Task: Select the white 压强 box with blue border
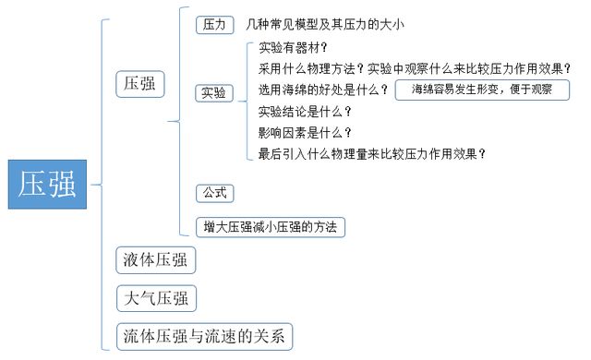tap(141, 84)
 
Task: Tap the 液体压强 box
tap(155, 261)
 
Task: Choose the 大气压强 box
tap(155, 299)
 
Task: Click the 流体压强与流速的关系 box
tap(205, 336)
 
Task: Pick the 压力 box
tap(213, 25)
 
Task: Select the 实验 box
tap(213, 92)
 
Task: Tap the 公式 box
tap(213, 194)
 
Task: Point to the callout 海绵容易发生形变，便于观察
tap(481, 90)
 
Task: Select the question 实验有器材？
tap(293, 47)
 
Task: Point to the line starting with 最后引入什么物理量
tap(372, 154)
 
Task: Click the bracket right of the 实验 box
tap(248, 100)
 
